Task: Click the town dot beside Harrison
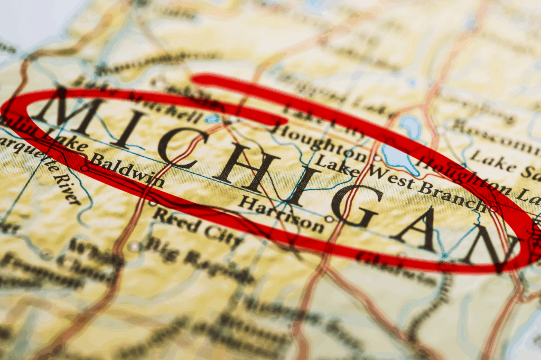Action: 329,219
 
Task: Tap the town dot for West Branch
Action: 493,209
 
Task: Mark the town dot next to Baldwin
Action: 85,168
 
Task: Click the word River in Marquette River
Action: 67,187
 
